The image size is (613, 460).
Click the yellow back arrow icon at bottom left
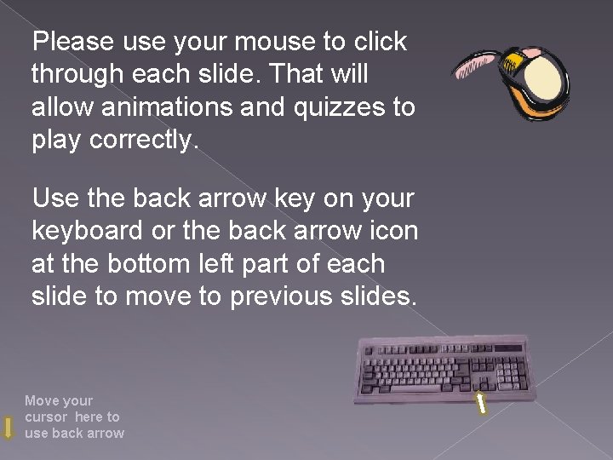9,428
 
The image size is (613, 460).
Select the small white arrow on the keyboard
480,403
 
